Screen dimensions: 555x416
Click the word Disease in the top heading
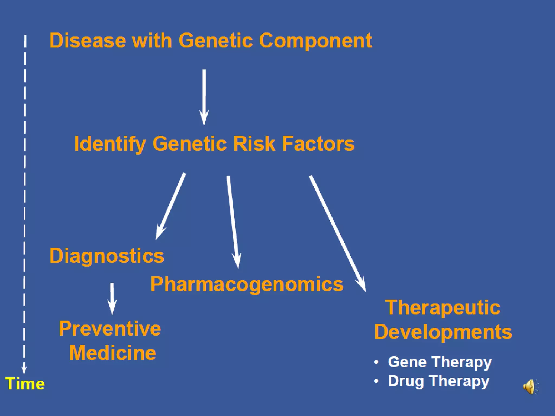tap(88, 41)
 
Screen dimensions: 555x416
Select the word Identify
tap(110, 144)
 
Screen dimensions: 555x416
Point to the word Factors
tap(318, 144)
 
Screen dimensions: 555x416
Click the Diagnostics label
tap(107, 256)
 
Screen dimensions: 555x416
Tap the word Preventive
tap(110, 329)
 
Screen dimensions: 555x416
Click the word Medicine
tap(113, 353)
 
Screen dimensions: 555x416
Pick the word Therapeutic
tap(443, 308)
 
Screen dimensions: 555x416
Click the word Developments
tap(443, 332)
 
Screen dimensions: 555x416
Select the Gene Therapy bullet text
tap(440, 362)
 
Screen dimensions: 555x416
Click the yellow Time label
tap(25, 384)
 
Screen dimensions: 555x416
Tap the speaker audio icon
tap(530, 386)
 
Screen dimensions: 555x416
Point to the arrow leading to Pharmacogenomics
tap(233, 222)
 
